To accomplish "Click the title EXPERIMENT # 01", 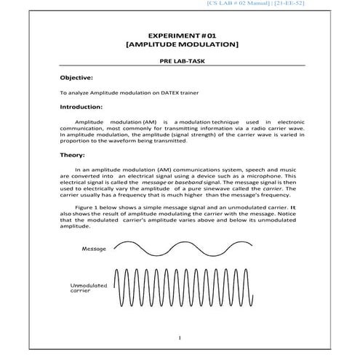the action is pyautogui.click(x=181, y=36).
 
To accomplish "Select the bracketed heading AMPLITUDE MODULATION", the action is pyautogui.click(x=181, y=45).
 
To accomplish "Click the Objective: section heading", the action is pyautogui.click(x=76, y=77).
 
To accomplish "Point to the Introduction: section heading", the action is pyautogui.click(x=81, y=107).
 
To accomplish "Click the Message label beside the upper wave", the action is pyautogui.click(x=95, y=249).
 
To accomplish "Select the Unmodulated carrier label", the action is pyautogui.click(x=88, y=290).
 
